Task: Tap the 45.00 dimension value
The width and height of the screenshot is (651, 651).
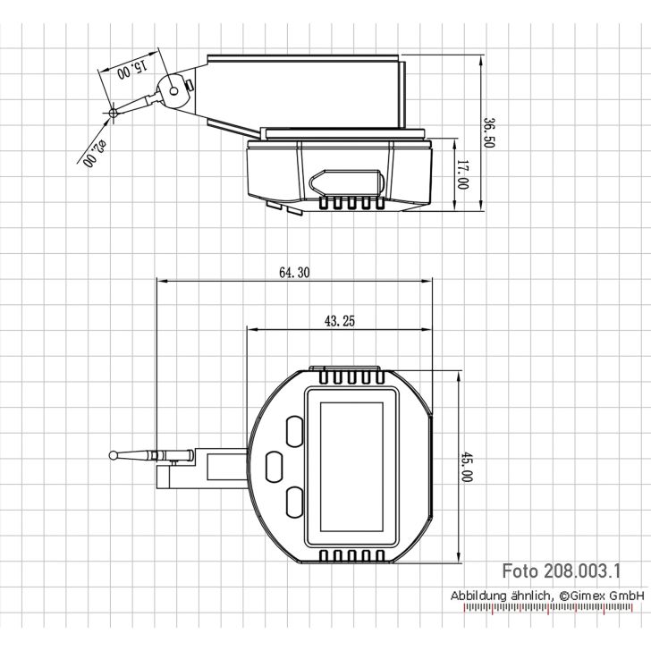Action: [466, 467]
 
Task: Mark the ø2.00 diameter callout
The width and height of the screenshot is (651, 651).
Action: [93, 154]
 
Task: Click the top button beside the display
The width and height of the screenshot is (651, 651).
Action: [294, 428]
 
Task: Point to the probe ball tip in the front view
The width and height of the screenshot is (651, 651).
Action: [114, 456]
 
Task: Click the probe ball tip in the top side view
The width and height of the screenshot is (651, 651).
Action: [114, 113]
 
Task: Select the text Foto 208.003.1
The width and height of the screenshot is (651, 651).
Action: [561, 571]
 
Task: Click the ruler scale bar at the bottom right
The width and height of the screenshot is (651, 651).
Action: [554, 611]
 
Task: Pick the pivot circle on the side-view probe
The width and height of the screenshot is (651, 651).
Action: [169, 89]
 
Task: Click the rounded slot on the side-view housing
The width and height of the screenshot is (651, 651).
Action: [349, 181]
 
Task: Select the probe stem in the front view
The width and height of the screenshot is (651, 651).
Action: [138, 457]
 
